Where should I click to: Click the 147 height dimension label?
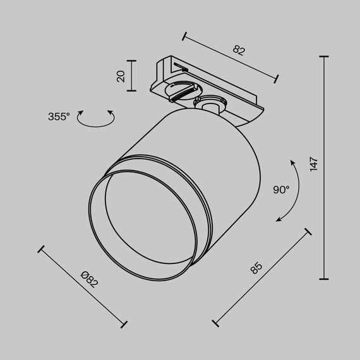tap(314, 164)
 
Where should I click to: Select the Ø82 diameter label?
tap(90, 279)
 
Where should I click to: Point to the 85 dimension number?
tap(256, 268)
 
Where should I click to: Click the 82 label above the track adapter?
tap(239, 50)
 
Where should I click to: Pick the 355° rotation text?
tap(58, 117)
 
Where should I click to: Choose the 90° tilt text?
tap(281, 189)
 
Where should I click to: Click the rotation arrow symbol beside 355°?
tap(95, 119)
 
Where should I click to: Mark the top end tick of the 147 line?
tap(325, 57)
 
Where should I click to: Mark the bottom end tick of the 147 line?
tap(325, 279)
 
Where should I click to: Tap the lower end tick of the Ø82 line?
tap(124, 324)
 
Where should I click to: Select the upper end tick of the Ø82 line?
tap(42, 249)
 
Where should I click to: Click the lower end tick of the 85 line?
tap(216, 323)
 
